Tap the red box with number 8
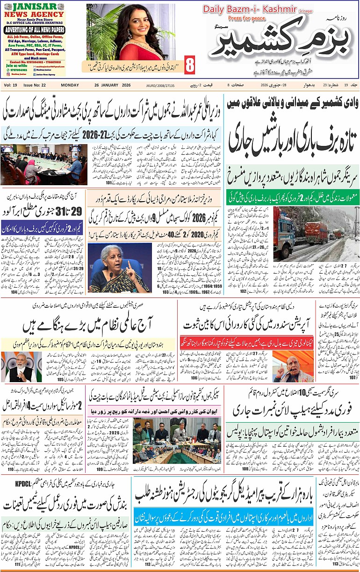[x=189, y=65]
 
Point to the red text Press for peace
[x=246, y=18]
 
